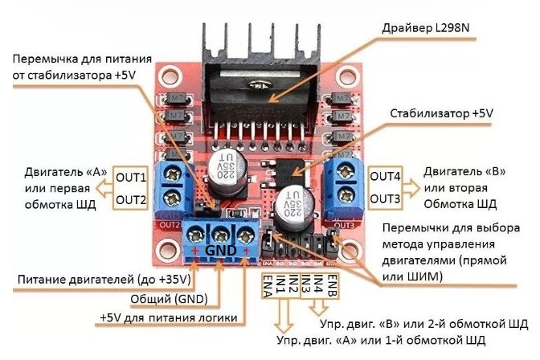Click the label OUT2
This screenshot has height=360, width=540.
(x=131, y=198)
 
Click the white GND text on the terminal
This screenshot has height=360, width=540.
(x=220, y=251)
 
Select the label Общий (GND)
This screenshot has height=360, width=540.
(x=169, y=299)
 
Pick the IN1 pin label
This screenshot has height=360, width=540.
(x=280, y=284)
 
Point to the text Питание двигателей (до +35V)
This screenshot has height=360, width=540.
(x=102, y=280)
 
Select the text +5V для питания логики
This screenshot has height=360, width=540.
(x=168, y=318)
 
